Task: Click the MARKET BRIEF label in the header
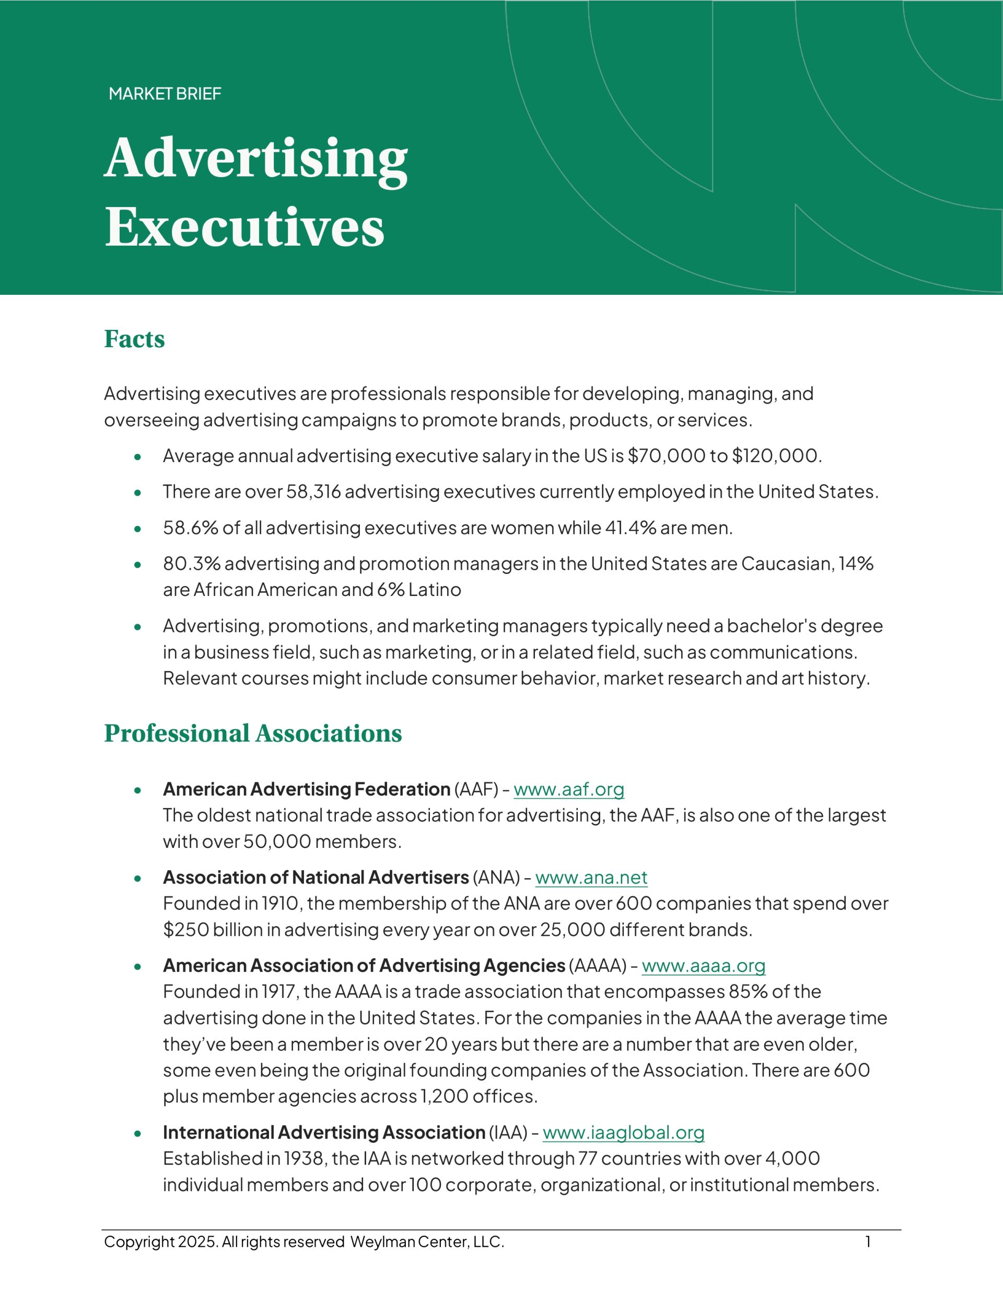pos(165,94)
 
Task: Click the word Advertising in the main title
pos(256,158)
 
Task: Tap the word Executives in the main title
pos(244,227)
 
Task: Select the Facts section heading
pos(134,339)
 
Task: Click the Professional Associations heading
pos(253,733)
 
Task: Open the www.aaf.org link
pos(568,789)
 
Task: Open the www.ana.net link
pos(591,877)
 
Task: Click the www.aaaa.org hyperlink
pos(703,965)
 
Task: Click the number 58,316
pos(313,492)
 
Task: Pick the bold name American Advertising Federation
pos(306,789)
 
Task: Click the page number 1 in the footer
pos(868,1242)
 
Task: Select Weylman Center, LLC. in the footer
pos(427,1242)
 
